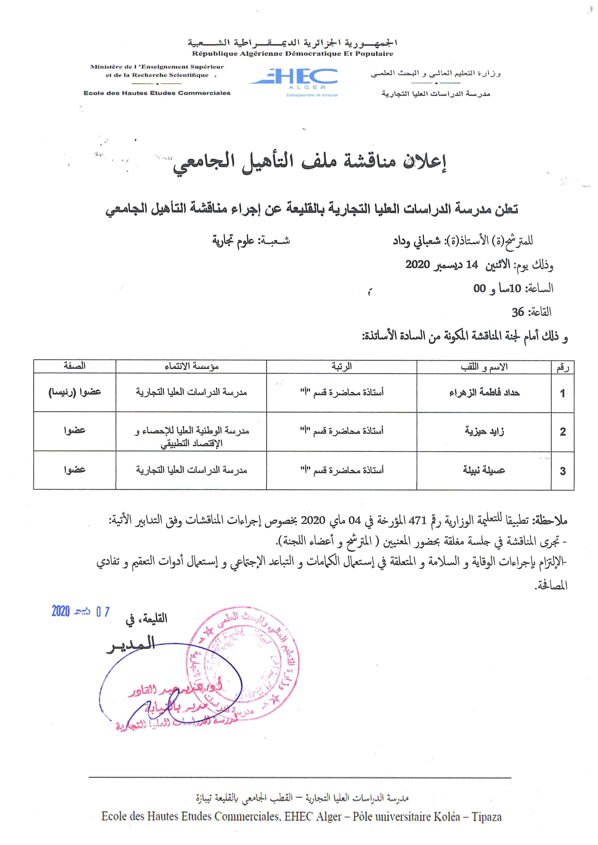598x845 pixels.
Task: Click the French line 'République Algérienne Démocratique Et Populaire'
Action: pyautogui.click(x=292, y=54)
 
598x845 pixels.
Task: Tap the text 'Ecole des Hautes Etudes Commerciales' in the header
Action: pyautogui.click(x=157, y=93)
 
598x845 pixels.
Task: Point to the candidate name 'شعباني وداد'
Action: pyautogui.click(x=416, y=241)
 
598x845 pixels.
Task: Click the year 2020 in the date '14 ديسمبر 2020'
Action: pyautogui.click(x=417, y=264)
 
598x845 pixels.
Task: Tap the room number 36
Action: pyautogui.click(x=518, y=312)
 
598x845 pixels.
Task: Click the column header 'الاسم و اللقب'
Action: pyautogui.click(x=484, y=367)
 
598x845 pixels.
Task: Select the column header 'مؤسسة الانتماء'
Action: pyautogui.click(x=191, y=367)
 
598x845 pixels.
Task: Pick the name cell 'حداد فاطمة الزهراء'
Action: pyautogui.click(x=484, y=393)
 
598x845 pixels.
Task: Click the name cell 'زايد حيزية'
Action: pyautogui.click(x=484, y=431)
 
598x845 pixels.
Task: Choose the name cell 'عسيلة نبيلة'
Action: pyautogui.click(x=484, y=470)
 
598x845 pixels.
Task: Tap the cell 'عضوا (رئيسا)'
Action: pyautogui.click(x=75, y=392)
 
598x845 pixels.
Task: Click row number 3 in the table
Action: pyautogui.click(x=562, y=471)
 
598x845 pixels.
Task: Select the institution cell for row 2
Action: pyautogui.click(x=191, y=436)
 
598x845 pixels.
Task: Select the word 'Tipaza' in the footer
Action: pyautogui.click(x=487, y=817)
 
